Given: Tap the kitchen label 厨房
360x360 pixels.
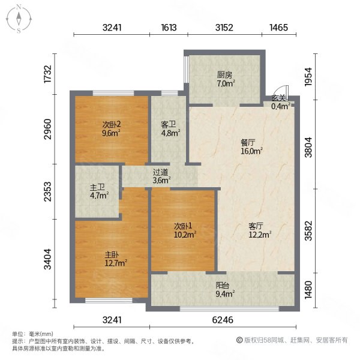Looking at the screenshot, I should [225, 75].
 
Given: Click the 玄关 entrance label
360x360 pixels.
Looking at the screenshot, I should [278, 98].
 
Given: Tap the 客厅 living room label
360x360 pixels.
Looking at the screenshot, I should [257, 226].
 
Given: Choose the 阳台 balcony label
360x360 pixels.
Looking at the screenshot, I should [222, 286].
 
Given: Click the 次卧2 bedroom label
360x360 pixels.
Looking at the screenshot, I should [111, 125].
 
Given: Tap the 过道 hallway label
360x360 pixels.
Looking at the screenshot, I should [160, 171].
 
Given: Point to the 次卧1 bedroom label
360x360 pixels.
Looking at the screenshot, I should [183, 226].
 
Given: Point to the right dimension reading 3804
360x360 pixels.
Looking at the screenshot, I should [307, 146].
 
